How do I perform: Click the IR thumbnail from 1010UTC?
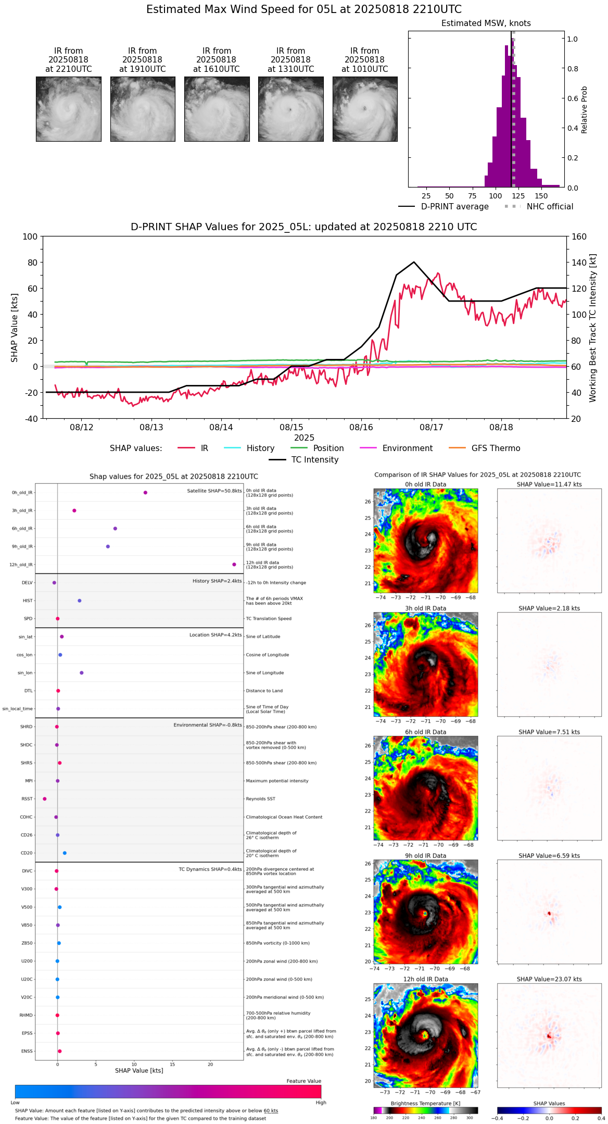coord(365,109)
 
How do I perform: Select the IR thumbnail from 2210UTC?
coord(69,109)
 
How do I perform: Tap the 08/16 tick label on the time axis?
coord(361,427)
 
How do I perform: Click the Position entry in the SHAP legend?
coord(328,448)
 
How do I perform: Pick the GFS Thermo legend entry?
coord(496,448)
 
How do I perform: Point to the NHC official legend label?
coord(550,206)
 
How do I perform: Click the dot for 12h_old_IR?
coord(234,564)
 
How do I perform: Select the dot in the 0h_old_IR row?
coord(145,492)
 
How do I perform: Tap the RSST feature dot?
coord(44,798)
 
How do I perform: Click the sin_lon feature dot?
coord(82,672)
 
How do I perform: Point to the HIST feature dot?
coord(80,601)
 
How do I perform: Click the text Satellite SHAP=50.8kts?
coord(214,491)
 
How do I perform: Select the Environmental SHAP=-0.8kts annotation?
coord(208,725)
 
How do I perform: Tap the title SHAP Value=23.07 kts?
coord(549,979)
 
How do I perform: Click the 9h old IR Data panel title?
coord(425,856)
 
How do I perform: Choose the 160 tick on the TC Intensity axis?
coord(579,236)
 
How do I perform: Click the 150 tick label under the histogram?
coord(541,196)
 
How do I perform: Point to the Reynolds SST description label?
coord(260,798)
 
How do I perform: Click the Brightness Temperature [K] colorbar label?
coord(425,1103)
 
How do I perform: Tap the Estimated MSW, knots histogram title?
coord(486,23)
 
